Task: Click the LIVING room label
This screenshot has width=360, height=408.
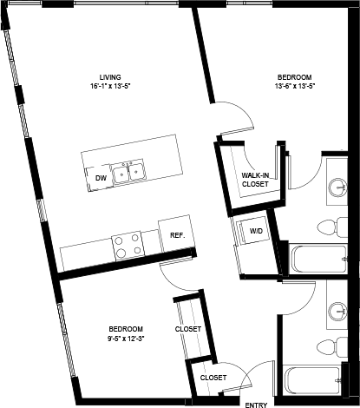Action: coord(109,76)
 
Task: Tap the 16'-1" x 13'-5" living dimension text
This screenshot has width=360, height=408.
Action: coord(109,87)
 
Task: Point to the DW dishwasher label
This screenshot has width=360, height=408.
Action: coord(101,177)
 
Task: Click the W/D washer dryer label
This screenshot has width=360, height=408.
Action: coord(257,232)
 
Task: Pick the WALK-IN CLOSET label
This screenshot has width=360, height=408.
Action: coord(255,180)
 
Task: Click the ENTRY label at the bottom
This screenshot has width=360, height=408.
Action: coord(256,404)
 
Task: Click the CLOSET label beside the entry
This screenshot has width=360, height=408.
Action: coord(213,378)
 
